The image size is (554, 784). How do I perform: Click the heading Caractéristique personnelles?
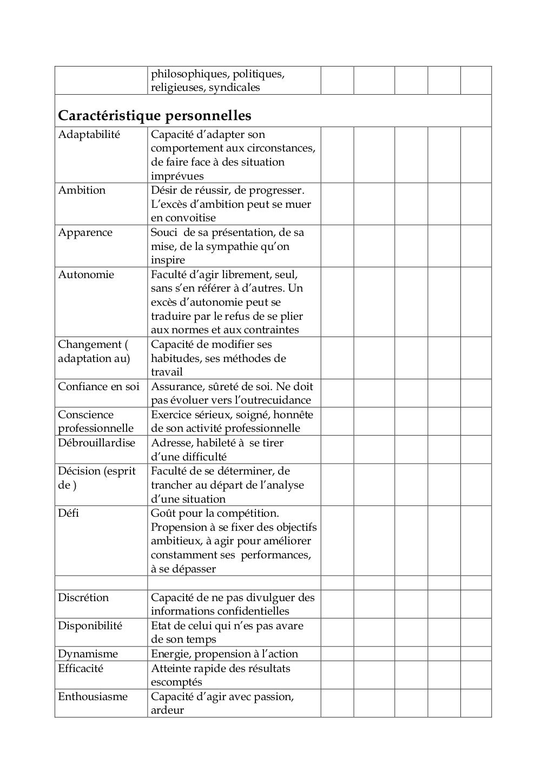pyautogui.click(x=154, y=116)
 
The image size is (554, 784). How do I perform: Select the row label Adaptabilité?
pyautogui.click(x=89, y=135)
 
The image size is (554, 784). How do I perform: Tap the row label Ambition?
pyautogui.click(x=82, y=190)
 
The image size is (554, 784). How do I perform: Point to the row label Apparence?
pyautogui.click(x=85, y=233)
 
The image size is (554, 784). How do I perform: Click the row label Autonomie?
pyautogui.click(x=86, y=275)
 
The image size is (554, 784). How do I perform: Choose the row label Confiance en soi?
pyautogui.click(x=98, y=387)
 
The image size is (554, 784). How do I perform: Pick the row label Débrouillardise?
pyautogui.click(x=96, y=443)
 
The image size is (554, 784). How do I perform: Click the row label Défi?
pyautogui.click(x=68, y=513)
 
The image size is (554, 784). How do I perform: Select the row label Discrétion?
pyautogui.click(x=83, y=598)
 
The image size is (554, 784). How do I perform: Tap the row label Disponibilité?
pyautogui.click(x=90, y=626)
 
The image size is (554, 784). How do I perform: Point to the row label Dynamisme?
pyautogui.click(x=88, y=654)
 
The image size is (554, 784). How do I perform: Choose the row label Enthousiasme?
pyautogui.click(x=93, y=697)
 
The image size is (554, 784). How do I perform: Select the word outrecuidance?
pyautogui.click(x=268, y=400)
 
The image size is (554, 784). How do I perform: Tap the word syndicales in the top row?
pyautogui.click(x=234, y=88)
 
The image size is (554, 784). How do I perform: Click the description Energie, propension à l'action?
pyautogui.click(x=225, y=654)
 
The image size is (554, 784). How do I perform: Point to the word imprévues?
pyautogui.click(x=177, y=176)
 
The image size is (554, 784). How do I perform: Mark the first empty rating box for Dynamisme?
pyautogui.click(x=337, y=654)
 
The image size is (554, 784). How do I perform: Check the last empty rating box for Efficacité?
pyautogui.click(x=476, y=675)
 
